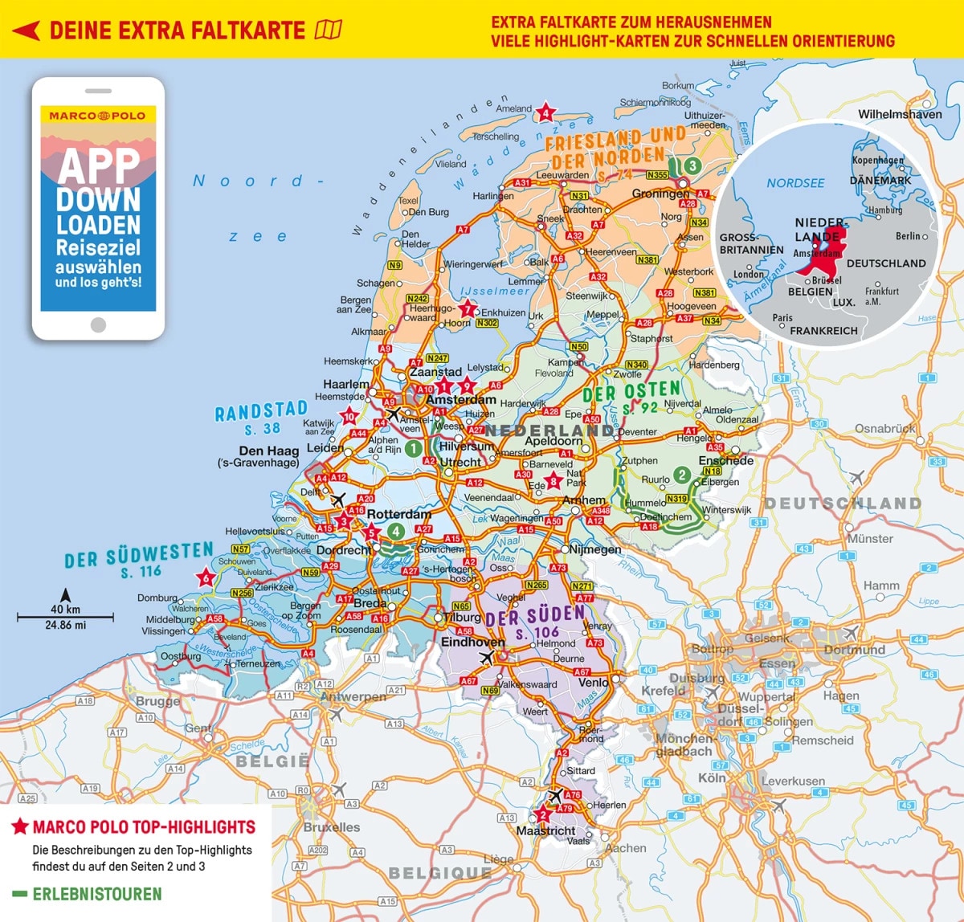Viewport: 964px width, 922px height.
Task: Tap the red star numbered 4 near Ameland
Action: click(x=546, y=112)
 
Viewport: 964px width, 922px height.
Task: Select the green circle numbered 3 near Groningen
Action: click(x=692, y=165)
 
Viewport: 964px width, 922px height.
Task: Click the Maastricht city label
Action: click(x=545, y=830)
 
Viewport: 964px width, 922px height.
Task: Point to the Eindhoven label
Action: click(x=472, y=643)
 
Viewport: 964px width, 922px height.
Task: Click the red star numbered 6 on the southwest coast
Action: click(x=206, y=577)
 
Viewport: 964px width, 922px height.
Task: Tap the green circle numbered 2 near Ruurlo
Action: click(x=681, y=475)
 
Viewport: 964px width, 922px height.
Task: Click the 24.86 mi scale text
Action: click(x=66, y=625)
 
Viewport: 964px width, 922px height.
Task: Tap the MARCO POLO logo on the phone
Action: click(x=97, y=116)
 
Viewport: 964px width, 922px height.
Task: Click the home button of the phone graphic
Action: click(x=98, y=324)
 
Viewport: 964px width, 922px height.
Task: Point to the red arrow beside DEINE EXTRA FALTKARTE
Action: click(x=27, y=31)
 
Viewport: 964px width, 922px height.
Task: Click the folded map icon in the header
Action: click(x=329, y=31)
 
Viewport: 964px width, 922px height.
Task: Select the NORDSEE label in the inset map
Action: click(x=795, y=183)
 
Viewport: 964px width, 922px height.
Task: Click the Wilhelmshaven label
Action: click(x=900, y=114)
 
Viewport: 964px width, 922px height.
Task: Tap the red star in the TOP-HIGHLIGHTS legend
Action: click(x=20, y=826)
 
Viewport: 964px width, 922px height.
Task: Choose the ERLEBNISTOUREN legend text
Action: click(x=96, y=894)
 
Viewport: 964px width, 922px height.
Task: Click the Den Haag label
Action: click(x=269, y=451)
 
